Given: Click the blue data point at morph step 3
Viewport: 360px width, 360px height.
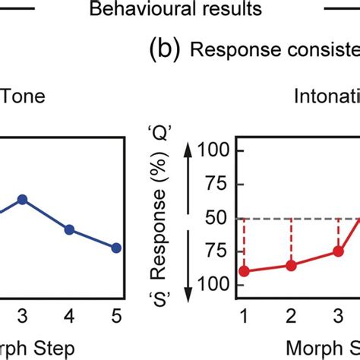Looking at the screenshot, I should point(22,199).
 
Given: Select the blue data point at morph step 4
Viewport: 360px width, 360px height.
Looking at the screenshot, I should point(69,229).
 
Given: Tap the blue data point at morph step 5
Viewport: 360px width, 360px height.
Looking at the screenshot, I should point(115,248).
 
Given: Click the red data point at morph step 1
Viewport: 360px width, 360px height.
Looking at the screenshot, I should point(243,271).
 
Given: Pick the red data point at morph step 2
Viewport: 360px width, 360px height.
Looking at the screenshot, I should point(291,265).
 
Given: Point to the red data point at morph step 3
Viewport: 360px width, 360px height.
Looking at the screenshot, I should point(338,251).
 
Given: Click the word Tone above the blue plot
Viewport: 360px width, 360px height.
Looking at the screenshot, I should point(23,97).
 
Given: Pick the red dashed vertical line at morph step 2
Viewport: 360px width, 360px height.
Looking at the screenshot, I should point(291,242).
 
